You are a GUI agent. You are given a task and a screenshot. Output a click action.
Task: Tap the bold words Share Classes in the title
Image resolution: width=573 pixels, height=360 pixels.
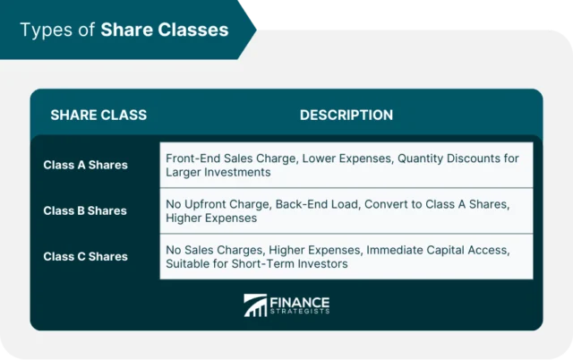164,30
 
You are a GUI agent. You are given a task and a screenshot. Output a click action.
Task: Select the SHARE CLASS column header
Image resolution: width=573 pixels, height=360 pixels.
98,116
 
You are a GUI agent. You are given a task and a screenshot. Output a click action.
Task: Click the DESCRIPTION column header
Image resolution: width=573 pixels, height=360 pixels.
346,116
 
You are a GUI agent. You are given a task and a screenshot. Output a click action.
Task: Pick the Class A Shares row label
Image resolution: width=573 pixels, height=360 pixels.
85,165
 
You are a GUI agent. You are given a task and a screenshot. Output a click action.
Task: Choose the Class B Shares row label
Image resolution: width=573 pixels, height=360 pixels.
85,210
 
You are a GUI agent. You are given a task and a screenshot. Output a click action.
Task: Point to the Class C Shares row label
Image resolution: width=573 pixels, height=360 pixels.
85,256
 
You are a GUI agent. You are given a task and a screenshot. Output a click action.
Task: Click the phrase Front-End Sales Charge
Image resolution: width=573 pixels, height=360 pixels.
231,159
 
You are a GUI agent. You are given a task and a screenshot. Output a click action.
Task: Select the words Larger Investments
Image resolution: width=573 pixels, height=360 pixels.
218,172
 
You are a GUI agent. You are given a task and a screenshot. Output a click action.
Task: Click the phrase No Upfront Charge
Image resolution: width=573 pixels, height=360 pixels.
218,204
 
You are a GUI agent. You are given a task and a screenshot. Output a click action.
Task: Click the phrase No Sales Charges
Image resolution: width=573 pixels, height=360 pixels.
211,250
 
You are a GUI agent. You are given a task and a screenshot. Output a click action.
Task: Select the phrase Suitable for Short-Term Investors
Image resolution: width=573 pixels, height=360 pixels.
256,263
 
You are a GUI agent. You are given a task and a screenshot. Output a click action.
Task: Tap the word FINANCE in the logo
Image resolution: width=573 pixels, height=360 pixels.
300,302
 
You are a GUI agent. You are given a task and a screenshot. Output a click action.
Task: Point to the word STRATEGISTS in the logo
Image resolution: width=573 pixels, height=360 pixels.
300,312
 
